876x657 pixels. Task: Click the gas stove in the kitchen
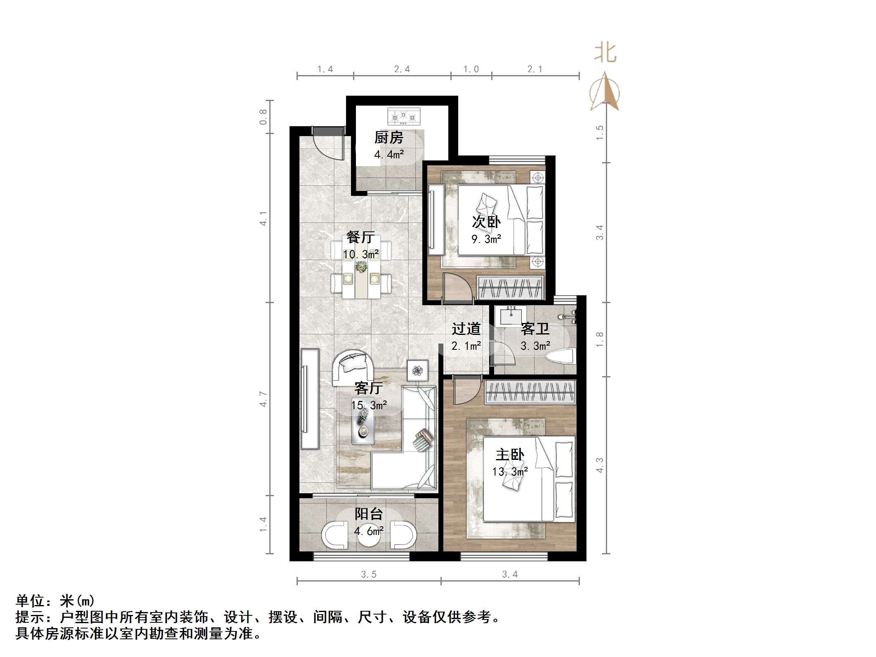[x=404, y=117]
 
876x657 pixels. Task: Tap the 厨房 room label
[x=389, y=138]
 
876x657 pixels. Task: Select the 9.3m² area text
[x=486, y=239]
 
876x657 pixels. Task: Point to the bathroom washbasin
[x=511, y=316]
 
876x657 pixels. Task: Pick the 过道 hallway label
[x=466, y=329]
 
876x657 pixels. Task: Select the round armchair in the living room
[x=353, y=367]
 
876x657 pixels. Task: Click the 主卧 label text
[x=510, y=455]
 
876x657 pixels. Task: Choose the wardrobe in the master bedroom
[x=530, y=392]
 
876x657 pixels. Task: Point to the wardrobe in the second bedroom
[x=510, y=287]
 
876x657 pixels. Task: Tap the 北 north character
[x=605, y=54]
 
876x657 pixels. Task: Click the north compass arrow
[x=605, y=92]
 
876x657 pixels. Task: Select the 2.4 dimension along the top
[x=402, y=69]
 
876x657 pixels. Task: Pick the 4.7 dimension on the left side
[x=263, y=399]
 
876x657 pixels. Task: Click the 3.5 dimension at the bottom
[x=369, y=575]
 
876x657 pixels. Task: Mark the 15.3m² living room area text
[x=369, y=405]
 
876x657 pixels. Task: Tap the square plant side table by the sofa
[x=417, y=370]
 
